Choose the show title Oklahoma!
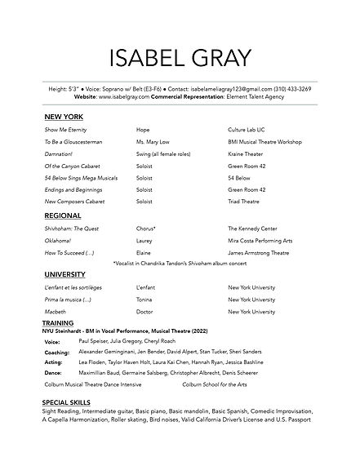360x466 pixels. (58, 241)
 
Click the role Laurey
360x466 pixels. (145, 241)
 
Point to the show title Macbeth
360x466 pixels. (55, 312)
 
